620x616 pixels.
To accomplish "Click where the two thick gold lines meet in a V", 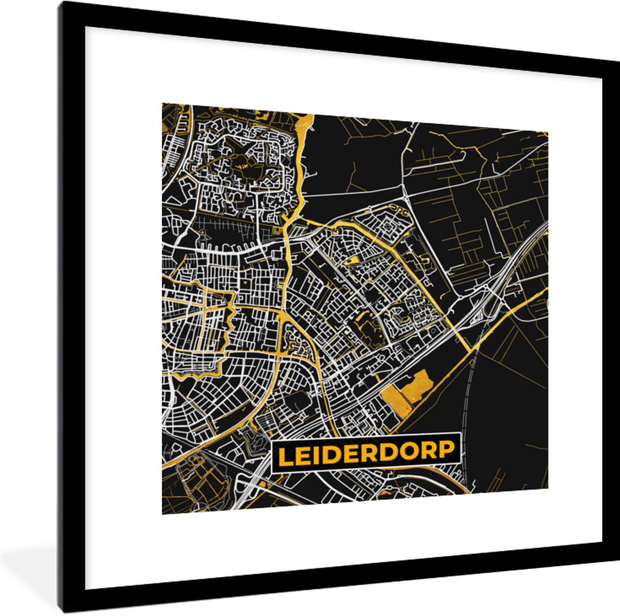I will coord(472,349).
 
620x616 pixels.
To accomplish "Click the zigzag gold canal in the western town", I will coord(226,330).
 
